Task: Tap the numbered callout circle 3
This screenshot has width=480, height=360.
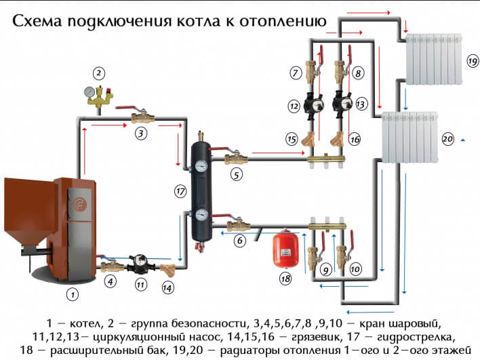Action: (140, 133)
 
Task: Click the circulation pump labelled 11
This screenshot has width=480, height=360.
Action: (140, 261)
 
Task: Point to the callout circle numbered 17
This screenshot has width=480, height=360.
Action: (180, 192)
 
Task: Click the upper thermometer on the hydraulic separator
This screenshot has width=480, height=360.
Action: (202, 164)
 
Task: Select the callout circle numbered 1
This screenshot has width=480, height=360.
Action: (73, 294)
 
